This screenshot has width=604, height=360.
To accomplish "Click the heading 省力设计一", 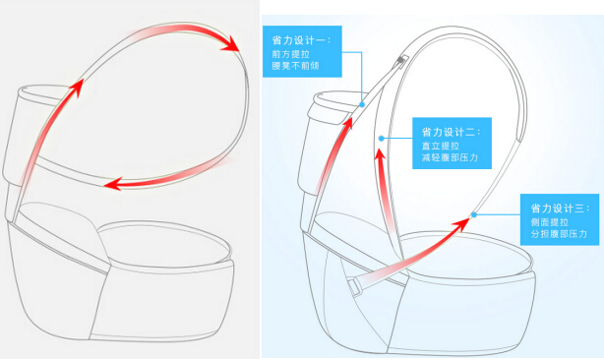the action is (301, 40).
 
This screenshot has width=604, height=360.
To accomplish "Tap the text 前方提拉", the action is (291, 53).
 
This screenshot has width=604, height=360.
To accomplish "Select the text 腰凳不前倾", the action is (295, 66).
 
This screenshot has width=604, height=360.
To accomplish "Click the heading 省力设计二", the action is (452, 133).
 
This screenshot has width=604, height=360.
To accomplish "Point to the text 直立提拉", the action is (441, 146).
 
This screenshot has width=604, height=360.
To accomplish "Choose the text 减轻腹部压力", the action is (450, 157).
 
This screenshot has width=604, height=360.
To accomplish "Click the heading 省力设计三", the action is (560, 209).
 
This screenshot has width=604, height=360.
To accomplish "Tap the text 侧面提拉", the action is (549, 221).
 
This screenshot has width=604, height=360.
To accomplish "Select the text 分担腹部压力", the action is (559, 234).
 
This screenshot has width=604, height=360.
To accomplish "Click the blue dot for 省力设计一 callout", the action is (362, 104).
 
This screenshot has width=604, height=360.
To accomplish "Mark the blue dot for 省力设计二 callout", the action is (381, 139).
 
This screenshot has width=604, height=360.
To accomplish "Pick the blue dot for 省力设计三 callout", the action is (474, 214).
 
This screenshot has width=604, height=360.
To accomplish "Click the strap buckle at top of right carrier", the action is (402, 61).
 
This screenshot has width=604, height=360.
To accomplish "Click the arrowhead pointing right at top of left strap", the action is (231, 44).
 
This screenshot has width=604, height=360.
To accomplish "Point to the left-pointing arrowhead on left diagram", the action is (113, 184).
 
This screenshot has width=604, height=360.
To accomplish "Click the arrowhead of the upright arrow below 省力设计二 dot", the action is (381, 154).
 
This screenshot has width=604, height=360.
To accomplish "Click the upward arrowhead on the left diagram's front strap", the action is (78, 88).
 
